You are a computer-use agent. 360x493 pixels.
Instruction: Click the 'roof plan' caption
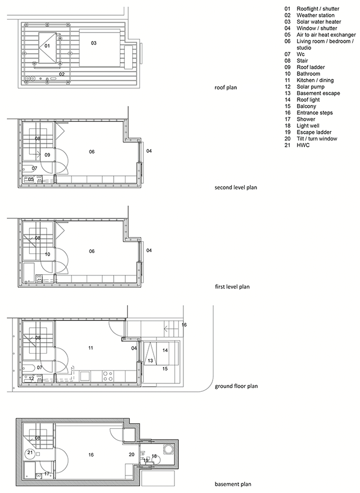pos(226,88)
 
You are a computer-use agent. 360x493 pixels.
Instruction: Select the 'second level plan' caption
pos(236,187)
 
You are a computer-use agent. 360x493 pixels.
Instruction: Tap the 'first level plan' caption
pos(232,287)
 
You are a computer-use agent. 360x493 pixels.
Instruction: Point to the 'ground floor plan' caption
pos(236,386)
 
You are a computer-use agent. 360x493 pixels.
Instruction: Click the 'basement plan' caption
pos(233,484)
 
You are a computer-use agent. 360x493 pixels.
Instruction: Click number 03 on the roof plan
pos(94,43)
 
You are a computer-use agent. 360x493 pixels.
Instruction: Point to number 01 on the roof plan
pos(47,46)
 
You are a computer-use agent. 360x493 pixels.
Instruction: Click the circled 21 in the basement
pos(30,453)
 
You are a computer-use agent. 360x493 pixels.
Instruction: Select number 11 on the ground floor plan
pos(91,349)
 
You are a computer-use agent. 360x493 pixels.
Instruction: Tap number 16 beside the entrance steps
pos(184,325)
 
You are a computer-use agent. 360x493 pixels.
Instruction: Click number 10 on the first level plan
pos(48,254)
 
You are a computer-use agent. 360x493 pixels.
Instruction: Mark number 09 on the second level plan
pos(47,155)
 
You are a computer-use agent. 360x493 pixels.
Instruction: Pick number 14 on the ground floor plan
pos(165,350)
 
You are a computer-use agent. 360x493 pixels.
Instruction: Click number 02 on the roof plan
pos(62,74)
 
